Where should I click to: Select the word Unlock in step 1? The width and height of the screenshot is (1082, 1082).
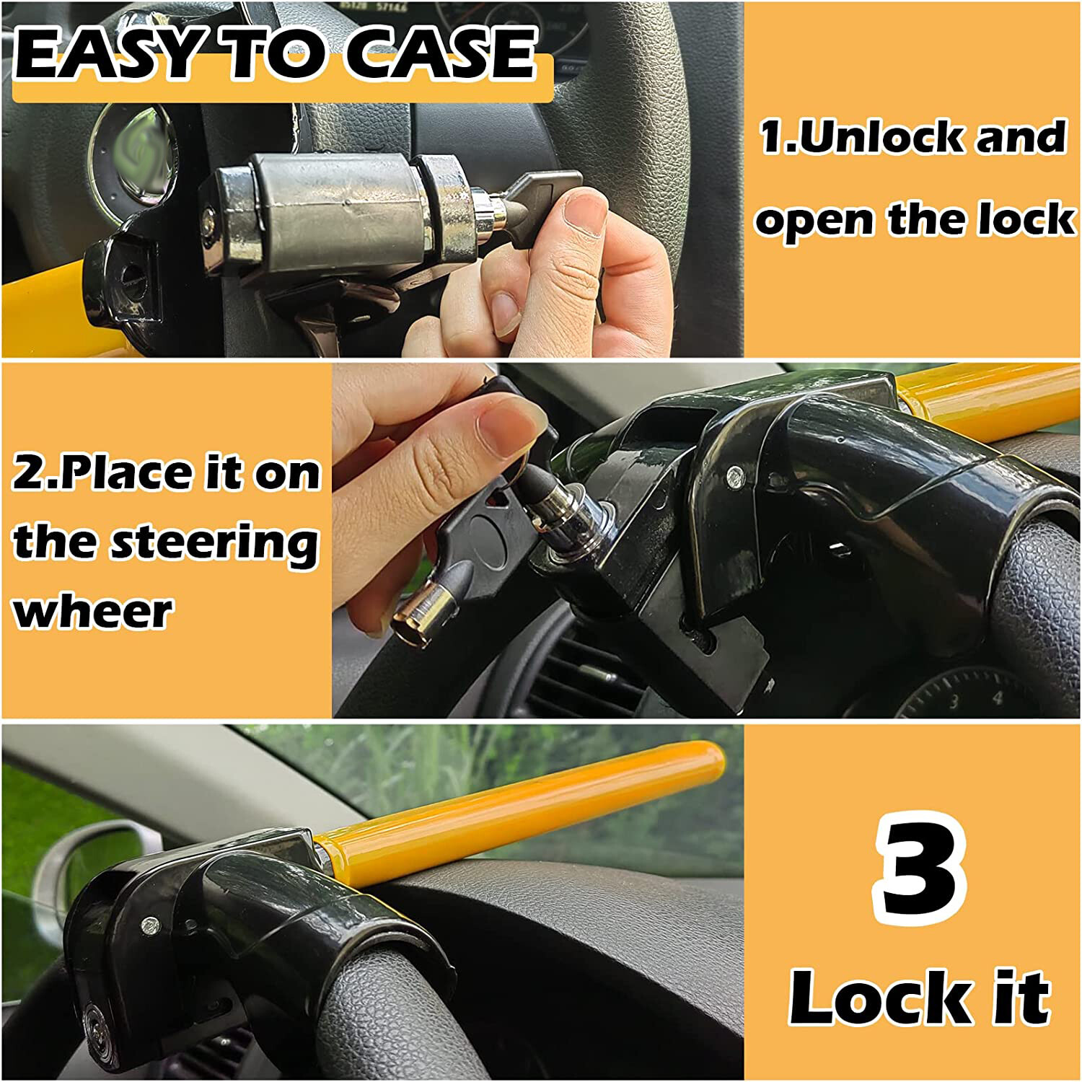(x=880, y=137)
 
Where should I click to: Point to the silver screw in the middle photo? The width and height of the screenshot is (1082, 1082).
(x=734, y=474)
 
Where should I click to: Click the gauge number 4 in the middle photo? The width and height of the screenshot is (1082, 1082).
(x=998, y=698)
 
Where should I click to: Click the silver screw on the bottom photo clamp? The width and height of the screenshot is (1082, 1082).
(x=149, y=924)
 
